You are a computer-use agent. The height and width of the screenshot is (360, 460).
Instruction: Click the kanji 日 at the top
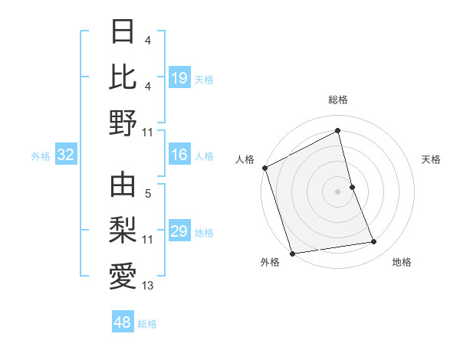123,31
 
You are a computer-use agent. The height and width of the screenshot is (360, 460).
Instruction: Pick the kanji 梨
123,229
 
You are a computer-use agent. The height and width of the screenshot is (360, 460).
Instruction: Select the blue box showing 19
179,78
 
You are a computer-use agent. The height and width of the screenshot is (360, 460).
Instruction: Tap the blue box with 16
179,155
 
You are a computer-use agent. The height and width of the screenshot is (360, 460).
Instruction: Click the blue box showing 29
179,231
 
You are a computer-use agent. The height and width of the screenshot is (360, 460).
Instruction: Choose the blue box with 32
66,155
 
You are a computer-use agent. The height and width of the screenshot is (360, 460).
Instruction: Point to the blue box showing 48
122,323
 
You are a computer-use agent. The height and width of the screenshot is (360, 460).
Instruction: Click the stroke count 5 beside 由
148,194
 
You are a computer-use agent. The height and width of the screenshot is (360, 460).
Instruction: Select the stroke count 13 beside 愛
148,286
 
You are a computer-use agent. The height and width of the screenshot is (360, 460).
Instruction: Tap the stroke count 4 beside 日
147,39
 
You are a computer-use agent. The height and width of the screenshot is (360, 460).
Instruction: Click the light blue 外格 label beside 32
41,156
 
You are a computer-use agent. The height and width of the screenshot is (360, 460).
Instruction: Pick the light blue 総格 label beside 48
147,324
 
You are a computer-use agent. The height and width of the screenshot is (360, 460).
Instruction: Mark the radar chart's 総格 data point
338,131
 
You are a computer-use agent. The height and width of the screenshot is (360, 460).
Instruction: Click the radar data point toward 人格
264,168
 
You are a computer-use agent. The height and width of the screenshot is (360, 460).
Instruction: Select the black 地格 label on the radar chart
402,263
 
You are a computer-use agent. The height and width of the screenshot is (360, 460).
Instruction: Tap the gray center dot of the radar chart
338,191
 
